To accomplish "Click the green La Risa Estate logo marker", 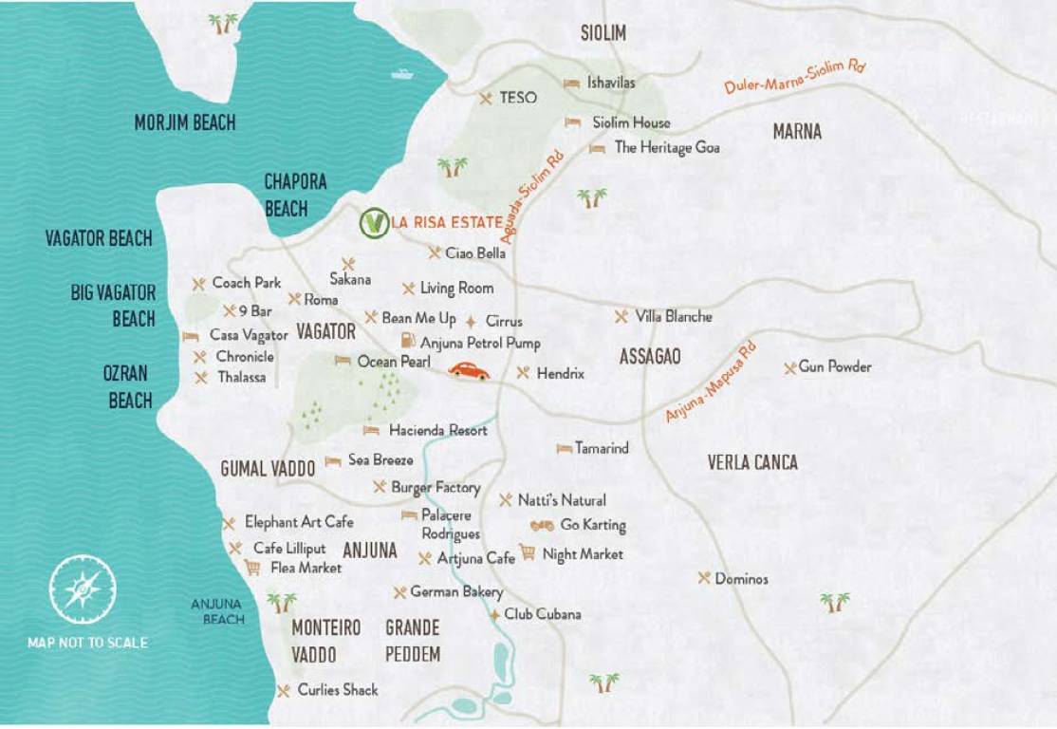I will pos(374,223).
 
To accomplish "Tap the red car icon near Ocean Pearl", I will pos(469,371).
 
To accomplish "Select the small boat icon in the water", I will pos(402,74).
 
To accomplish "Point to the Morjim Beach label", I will pos(184,122).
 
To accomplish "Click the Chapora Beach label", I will pos(295,195).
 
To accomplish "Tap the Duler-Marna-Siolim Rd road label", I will pos(795,76).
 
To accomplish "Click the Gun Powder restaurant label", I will pos(835,367).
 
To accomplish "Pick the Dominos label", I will pos(741,578).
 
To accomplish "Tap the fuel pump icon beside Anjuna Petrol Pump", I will pos(407,340).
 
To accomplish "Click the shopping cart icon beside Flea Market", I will pos(252,568).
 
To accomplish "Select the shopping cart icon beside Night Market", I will pos(527,552).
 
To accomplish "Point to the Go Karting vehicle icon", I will pos(542,525).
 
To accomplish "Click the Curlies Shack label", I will pos(337,690).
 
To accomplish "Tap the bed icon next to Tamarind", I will pos(565,448).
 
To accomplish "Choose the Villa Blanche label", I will pos(674,316).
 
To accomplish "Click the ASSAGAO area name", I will pos(650,357).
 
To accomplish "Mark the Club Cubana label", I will pos(543,614).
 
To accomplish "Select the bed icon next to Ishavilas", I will pos(571,84).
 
